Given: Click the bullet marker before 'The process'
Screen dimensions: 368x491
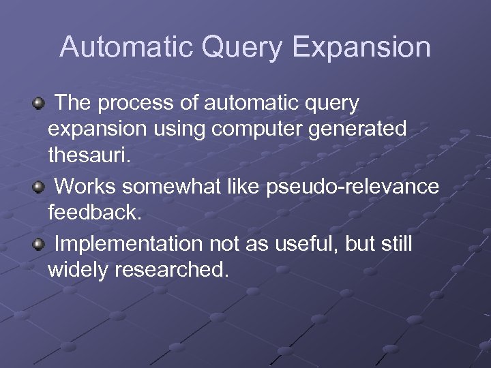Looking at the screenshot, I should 40,104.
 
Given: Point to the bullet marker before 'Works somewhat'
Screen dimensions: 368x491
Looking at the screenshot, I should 40,185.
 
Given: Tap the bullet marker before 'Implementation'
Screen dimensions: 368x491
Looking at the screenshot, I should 40,243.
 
